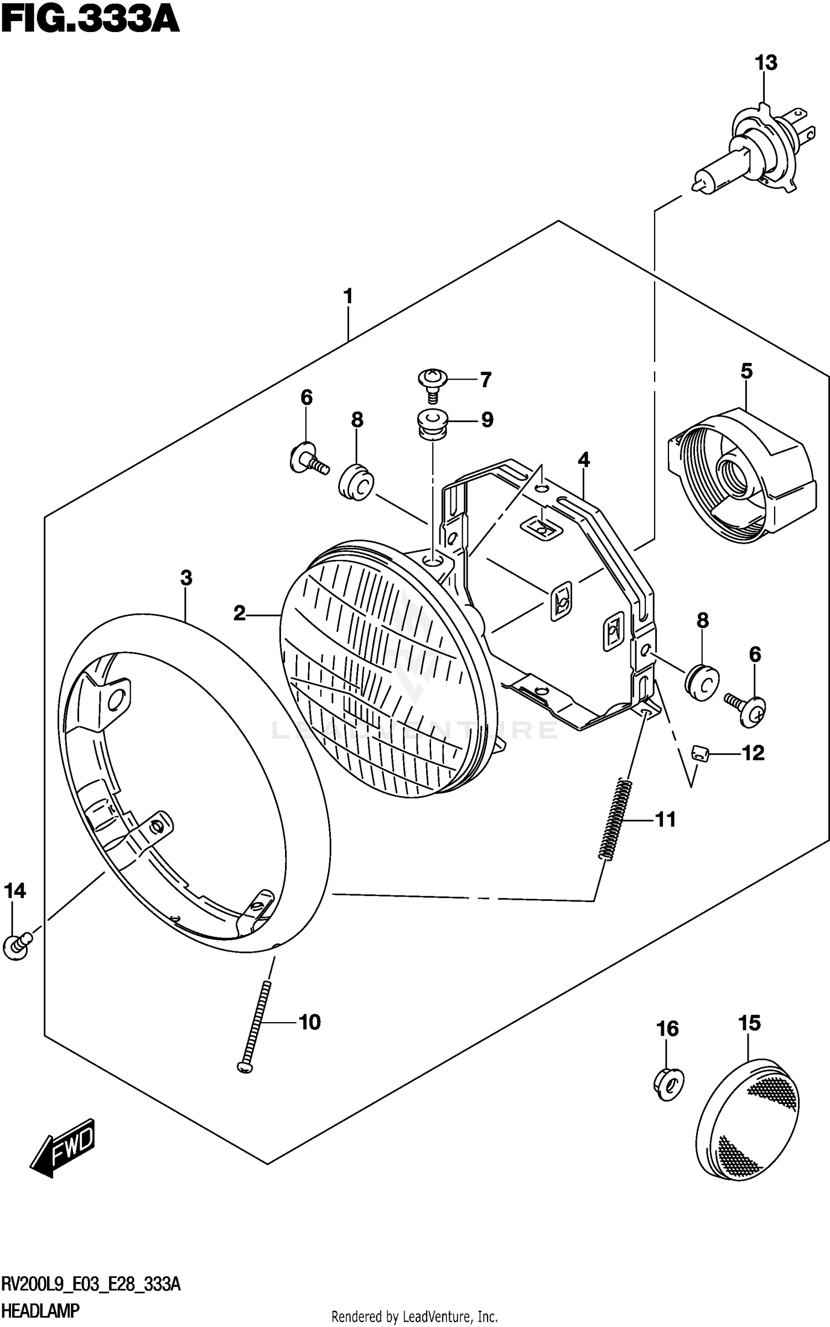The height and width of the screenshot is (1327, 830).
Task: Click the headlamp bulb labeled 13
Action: pos(750,149)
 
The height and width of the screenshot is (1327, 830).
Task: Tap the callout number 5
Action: pos(746,371)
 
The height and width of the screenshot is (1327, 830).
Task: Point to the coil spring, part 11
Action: pos(615,819)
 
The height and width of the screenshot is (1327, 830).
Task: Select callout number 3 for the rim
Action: pos(186,578)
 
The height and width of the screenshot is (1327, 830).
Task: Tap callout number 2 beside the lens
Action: pos(239,613)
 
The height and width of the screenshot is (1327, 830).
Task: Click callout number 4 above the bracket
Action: pos(584,460)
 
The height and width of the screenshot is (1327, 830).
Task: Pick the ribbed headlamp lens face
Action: pos(376,670)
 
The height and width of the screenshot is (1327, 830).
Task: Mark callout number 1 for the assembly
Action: pos(348,297)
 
